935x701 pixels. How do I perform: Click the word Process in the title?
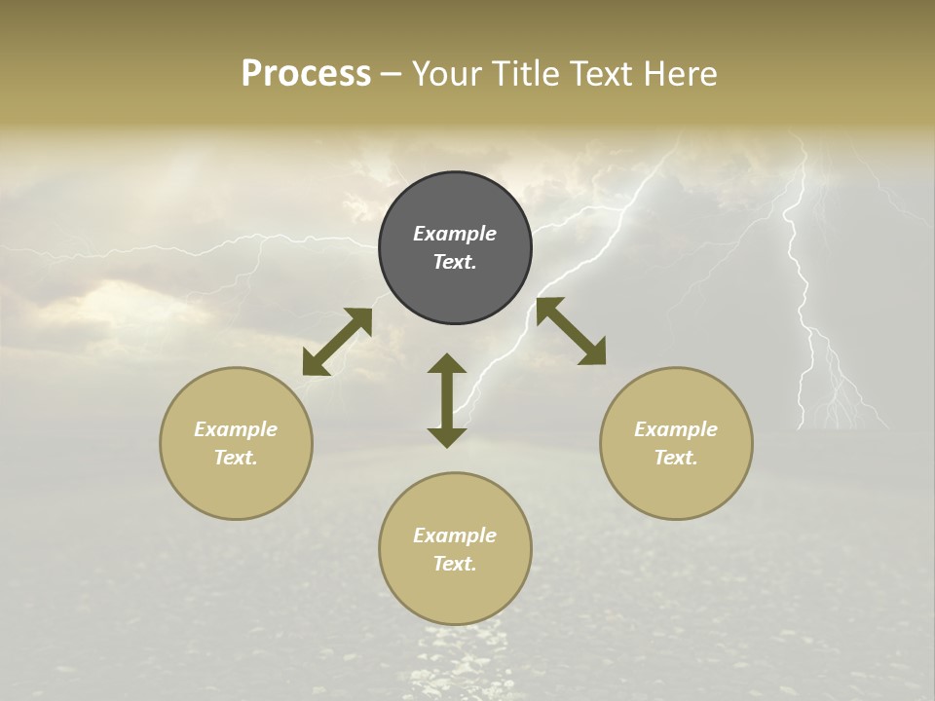(306, 74)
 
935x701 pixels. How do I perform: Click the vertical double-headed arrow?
(447, 400)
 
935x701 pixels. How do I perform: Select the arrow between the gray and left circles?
(337, 342)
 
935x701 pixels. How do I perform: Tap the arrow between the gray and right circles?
(571, 331)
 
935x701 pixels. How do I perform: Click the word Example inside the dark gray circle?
(455, 234)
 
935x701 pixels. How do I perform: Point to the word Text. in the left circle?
(236, 458)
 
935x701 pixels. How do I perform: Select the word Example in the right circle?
(676, 429)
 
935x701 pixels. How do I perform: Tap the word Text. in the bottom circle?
(455, 564)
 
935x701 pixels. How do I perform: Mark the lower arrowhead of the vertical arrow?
(447, 437)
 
